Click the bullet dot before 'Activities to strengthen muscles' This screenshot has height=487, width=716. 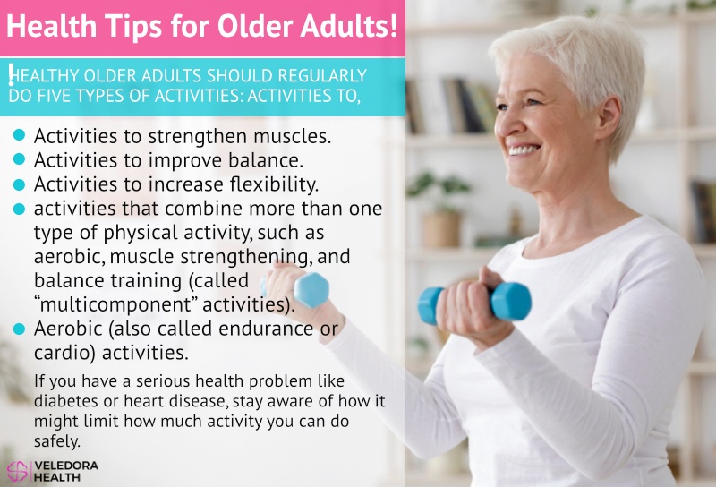click(x=19, y=135)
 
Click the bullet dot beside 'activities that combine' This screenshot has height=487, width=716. click(x=19, y=209)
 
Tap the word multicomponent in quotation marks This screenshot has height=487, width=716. click(x=116, y=304)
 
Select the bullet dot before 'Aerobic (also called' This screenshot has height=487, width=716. click(x=19, y=329)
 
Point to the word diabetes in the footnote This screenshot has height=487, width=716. click(x=65, y=401)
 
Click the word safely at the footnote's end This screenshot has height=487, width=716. click(x=56, y=441)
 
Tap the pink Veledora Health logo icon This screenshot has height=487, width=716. click(x=18, y=472)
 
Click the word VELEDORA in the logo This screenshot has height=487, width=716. click(x=66, y=466)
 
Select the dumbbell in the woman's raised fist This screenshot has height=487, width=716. click(x=474, y=301)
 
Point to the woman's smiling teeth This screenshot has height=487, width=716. click(x=524, y=150)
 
